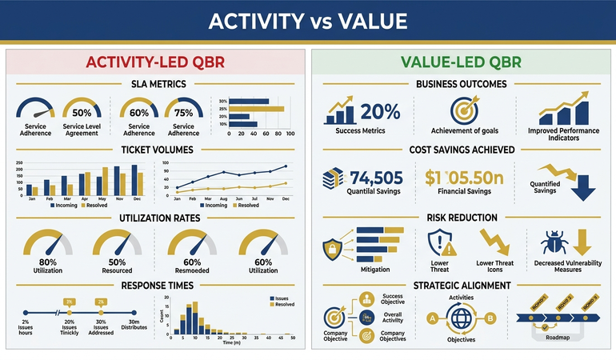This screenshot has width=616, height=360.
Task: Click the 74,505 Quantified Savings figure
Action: tap(376, 177)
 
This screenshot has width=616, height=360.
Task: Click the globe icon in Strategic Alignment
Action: tap(462, 317)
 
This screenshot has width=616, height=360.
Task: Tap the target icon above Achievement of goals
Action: tap(464, 110)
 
